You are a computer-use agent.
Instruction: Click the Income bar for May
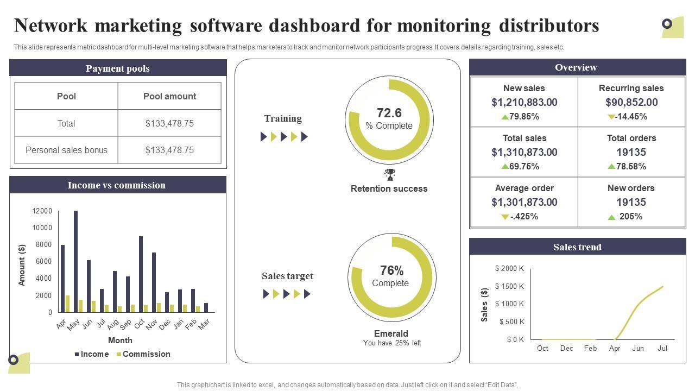(75, 262)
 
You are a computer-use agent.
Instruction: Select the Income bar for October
(141, 274)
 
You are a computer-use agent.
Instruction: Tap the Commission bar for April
(67, 304)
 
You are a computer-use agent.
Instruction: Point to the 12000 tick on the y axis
(42, 211)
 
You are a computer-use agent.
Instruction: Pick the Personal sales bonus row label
(66, 150)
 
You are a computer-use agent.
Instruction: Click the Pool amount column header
(169, 96)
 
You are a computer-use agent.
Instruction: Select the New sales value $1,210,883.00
(524, 102)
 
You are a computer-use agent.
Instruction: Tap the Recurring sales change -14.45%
(631, 117)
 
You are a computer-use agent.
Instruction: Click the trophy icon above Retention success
(390, 175)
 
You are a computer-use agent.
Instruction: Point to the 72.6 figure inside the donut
(389, 113)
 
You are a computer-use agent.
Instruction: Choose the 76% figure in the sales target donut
(391, 270)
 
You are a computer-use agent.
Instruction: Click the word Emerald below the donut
(391, 333)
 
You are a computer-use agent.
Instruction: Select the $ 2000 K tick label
(509, 269)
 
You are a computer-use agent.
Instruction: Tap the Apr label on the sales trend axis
(615, 348)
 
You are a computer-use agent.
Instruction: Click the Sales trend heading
(577, 247)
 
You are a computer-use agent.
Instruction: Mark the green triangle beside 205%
(612, 217)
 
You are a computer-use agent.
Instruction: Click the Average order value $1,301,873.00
(524, 202)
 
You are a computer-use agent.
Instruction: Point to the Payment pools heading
(118, 68)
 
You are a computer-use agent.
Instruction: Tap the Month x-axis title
(120, 340)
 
